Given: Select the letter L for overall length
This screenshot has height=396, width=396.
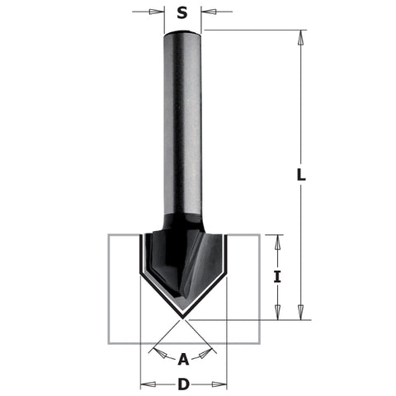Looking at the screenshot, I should (x=302, y=174).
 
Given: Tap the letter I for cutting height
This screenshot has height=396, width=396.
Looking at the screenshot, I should (x=277, y=278).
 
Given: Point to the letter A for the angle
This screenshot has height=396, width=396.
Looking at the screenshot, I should (x=183, y=357).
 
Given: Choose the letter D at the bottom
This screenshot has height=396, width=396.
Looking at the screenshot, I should (x=183, y=384).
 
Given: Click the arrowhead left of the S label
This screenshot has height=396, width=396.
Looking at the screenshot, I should (x=158, y=12).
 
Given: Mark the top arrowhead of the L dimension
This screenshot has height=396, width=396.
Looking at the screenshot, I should (x=302, y=37).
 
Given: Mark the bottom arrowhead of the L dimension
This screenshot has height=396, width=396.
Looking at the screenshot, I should (x=302, y=312).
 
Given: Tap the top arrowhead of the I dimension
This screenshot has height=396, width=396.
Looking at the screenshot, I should (x=277, y=242).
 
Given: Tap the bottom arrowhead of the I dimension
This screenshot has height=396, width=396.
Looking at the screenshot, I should (x=277, y=313).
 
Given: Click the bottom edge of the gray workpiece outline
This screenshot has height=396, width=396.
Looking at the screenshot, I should (x=183, y=341).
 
